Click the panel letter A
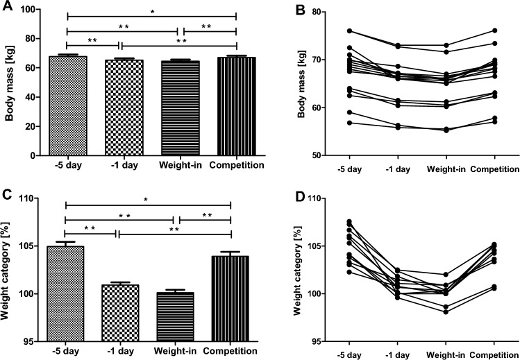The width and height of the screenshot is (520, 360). click(6, 6)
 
